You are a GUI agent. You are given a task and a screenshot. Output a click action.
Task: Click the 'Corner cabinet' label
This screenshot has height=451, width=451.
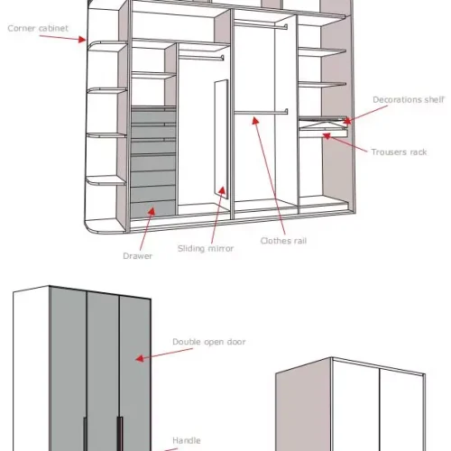click(x=38, y=28)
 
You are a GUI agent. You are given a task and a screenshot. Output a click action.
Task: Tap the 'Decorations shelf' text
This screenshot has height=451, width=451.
click(x=409, y=99)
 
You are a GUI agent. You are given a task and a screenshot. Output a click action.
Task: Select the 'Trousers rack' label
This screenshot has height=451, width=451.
click(x=399, y=152)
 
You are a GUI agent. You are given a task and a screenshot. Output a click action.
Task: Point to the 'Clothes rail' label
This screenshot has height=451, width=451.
click(x=283, y=241)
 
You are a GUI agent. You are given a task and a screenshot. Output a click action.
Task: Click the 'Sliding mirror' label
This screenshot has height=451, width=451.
click(x=206, y=248)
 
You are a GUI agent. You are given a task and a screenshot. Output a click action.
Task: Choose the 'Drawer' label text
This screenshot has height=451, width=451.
click(x=138, y=256)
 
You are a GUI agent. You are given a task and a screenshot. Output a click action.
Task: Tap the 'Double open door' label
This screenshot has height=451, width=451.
click(x=209, y=342)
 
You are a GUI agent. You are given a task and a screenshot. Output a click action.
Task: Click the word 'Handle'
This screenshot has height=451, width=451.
click(x=187, y=440)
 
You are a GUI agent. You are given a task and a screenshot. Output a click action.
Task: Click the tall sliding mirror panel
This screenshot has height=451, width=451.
click(x=221, y=138)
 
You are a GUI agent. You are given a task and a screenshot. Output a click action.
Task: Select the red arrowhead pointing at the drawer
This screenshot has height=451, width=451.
click(x=152, y=211)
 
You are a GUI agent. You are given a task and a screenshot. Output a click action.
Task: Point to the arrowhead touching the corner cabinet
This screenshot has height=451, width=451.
click(x=82, y=40)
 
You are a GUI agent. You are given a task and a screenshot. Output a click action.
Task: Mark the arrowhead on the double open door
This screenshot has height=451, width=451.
click(x=139, y=358)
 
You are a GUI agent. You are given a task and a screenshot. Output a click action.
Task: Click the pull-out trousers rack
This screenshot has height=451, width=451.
click(x=323, y=132)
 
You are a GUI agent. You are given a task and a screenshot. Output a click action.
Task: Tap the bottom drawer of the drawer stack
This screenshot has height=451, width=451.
click(x=152, y=209)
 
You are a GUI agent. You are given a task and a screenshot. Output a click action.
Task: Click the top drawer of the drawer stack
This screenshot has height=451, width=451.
click(x=153, y=115)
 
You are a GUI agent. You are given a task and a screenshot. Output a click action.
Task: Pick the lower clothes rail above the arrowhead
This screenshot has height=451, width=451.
click(x=261, y=112)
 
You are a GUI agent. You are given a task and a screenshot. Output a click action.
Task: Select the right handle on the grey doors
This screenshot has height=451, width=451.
click(x=120, y=434)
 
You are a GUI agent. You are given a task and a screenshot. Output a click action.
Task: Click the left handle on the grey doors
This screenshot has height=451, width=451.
click(x=86, y=434)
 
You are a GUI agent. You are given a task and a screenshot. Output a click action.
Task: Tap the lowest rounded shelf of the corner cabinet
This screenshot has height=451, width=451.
click(x=106, y=181)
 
